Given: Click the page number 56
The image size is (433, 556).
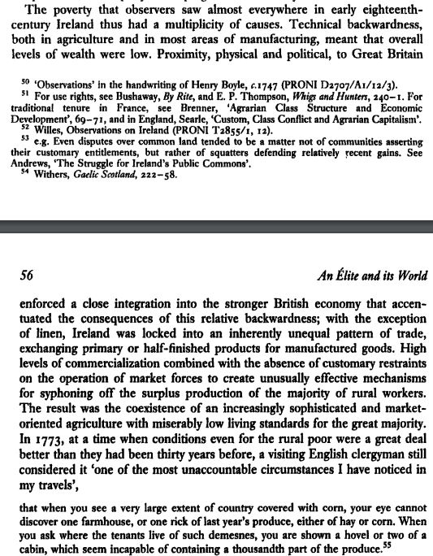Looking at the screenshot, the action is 27,276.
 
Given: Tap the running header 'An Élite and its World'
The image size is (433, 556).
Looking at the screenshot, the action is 359,276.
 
